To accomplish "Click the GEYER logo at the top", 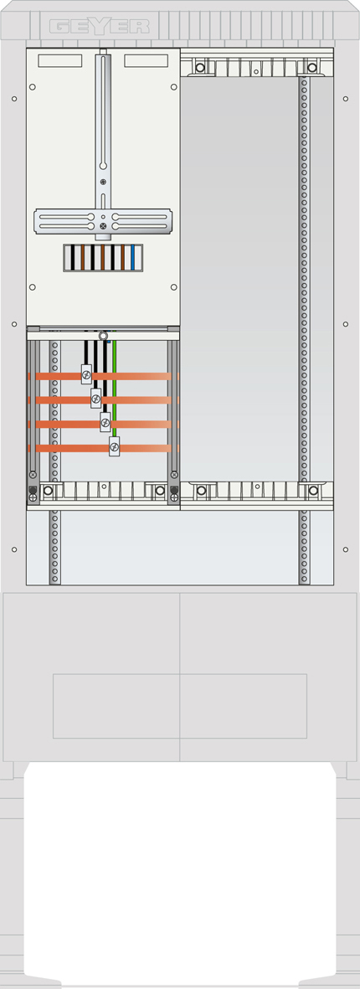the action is point(100,27).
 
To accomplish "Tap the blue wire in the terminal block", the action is point(132,257).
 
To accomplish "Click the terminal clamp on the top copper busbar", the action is point(86,374).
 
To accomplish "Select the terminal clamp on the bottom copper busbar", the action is point(114,446).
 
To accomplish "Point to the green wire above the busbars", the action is point(114,388).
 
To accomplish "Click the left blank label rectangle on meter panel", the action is point(60,60).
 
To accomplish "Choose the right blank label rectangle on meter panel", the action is point(146,60).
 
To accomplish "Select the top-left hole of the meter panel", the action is point(33,87).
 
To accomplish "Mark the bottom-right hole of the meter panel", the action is point(173,287).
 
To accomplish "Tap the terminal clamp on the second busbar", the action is point(95,399).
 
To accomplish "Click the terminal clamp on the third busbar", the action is point(105,422).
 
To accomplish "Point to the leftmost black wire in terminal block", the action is point(73,257).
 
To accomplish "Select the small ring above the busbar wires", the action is point(103,335).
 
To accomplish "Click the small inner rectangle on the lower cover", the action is point(180,706).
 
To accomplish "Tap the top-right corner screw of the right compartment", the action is point(311,67).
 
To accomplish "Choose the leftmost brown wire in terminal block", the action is point(83,257).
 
